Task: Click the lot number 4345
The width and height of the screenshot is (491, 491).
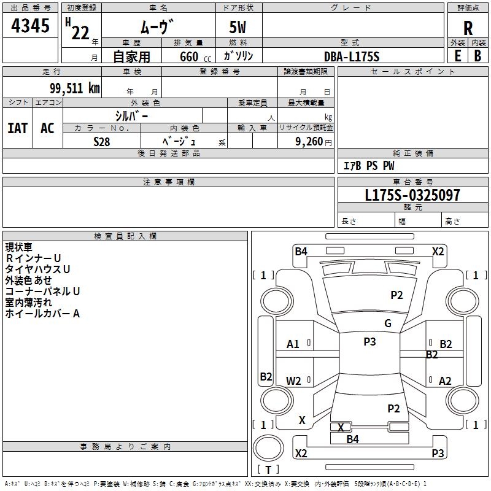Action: point(30,25)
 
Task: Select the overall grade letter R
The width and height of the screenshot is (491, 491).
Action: point(468,28)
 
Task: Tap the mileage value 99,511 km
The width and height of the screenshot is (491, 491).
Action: point(75,88)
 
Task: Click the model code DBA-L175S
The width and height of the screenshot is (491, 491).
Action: point(352,56)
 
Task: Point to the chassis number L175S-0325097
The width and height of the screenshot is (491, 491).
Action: point(412,195)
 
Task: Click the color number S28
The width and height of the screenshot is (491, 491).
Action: point(102,142)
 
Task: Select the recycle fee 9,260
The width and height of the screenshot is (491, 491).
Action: point(309,142)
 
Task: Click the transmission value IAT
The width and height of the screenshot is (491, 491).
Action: point(18,128)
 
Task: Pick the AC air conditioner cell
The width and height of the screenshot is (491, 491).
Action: point(47,128)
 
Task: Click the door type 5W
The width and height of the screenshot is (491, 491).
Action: point(238,27)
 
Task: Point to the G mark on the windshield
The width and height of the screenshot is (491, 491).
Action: point(388,323)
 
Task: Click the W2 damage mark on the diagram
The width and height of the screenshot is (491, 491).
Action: point(293,381)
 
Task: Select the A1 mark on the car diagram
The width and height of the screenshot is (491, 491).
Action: point(293,344)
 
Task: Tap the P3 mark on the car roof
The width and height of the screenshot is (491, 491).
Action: point(369,342)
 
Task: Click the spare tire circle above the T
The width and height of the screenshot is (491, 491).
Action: point(268,448)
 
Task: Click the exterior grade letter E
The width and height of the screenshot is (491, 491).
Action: point(458,56)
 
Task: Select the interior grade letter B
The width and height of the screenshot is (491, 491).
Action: point(477,56)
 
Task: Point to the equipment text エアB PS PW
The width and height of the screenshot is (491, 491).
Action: point(369,166)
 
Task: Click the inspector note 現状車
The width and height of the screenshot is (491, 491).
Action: point(19,247)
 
